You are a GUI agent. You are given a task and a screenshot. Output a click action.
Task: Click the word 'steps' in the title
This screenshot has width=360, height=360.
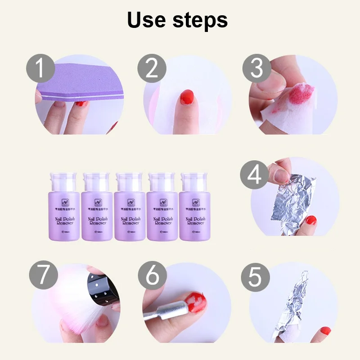(202, 21)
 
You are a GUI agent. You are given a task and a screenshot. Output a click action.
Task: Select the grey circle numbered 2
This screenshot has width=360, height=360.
(151, 69)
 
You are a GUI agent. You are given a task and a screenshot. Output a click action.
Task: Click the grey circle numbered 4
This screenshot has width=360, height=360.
(255, 174)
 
